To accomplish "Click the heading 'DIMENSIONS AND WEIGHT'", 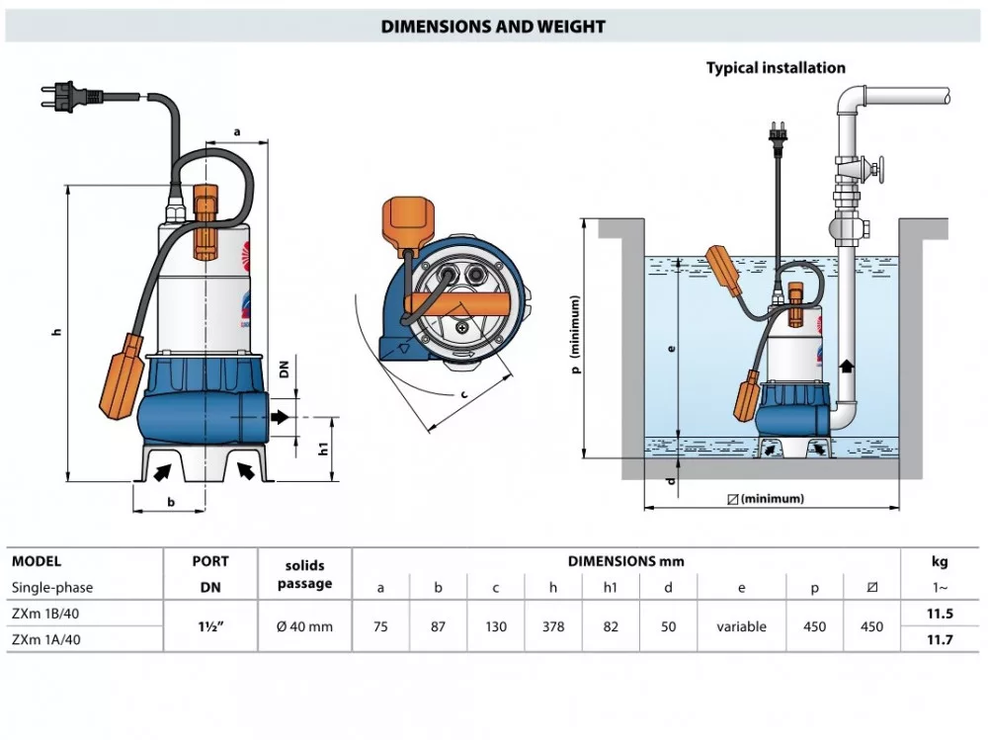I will pyautogui.click(x=493, y=27).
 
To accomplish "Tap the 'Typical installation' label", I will pyautogui.click(x=776, y=68).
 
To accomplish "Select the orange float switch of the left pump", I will pyautogui.click(x=122, y=375).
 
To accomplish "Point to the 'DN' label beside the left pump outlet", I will pyautogui.click(x=284, y=370).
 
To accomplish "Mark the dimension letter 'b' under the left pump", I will pyautogui.click(x=171, y=502).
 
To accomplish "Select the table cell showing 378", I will pyautogui.click(x=553, y=627).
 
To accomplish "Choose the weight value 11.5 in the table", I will pyautogui.click(x=940, y=614).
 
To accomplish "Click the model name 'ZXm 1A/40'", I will pyautogui.click(x=47, y=640).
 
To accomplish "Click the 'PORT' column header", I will pyautogui.click(x=210, y=561).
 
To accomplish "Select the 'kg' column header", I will pyautogui.click(x=940, y=561).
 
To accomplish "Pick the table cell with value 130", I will pyautogui.click(x=496, y=627).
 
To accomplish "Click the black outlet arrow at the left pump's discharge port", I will pyautogui.click(x=282, y=417).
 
